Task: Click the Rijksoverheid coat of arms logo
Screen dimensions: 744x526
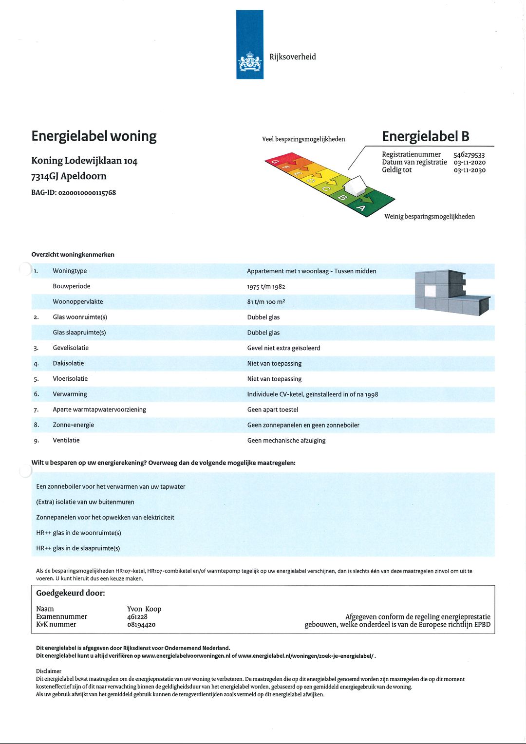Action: click(x=249, y=63)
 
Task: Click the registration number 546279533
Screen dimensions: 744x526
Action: click(x=469, y=155)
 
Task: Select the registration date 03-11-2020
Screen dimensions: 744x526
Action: click(x=470, y=163)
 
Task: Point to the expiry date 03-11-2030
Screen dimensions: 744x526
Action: click(x=470, y=170)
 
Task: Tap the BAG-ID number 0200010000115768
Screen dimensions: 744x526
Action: click(x=87, y=193)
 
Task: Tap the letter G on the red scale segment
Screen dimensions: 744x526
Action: click(x=275, y=161)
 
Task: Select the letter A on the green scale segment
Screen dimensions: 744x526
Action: click(x=361, y=208)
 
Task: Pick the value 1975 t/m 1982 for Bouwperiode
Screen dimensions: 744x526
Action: click(x=266, y=287)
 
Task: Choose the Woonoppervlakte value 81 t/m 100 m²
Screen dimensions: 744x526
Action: click(x=266, y=302)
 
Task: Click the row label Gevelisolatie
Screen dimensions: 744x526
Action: click(x=71, y=348)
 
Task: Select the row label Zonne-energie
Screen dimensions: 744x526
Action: click(x=74, y=425)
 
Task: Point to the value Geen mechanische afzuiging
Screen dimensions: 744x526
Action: click(x=286, y=441)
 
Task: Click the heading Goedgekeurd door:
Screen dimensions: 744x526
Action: click(x=71, y=593)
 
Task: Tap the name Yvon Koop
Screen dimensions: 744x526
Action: click(x=144, y=609)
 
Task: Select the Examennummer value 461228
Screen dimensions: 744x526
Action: click(x=137, y=617)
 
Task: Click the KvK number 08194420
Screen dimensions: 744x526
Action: click(x=141, y=625)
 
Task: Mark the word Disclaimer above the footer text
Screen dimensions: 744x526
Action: click(x=49, y=671)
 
